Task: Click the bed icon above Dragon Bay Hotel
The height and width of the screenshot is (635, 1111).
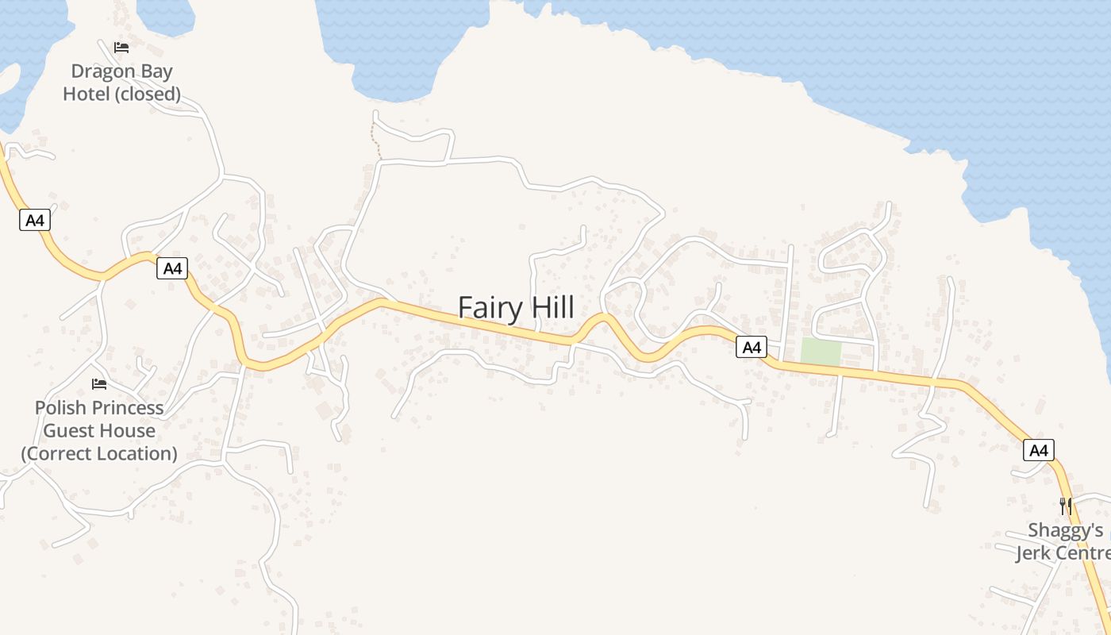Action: (x=121, y=48)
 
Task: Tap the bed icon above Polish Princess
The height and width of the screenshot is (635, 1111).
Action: (x=99, y=384)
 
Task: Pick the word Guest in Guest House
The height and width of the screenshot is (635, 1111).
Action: (x=67, y=431)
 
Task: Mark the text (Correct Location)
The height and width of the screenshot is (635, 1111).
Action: (x=99, y=454)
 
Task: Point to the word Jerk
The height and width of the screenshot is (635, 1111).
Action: (x=1036, y=553)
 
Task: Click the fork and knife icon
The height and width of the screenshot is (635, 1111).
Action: (x=1065, y=506)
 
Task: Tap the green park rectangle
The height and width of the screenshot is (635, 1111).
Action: (x=821, y=352)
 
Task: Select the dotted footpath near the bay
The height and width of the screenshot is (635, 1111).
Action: (x=376, y=142)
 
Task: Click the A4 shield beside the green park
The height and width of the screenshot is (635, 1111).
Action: (x=752, y=347)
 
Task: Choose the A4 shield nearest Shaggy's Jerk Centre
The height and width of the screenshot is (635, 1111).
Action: (x=1039, y=451)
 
